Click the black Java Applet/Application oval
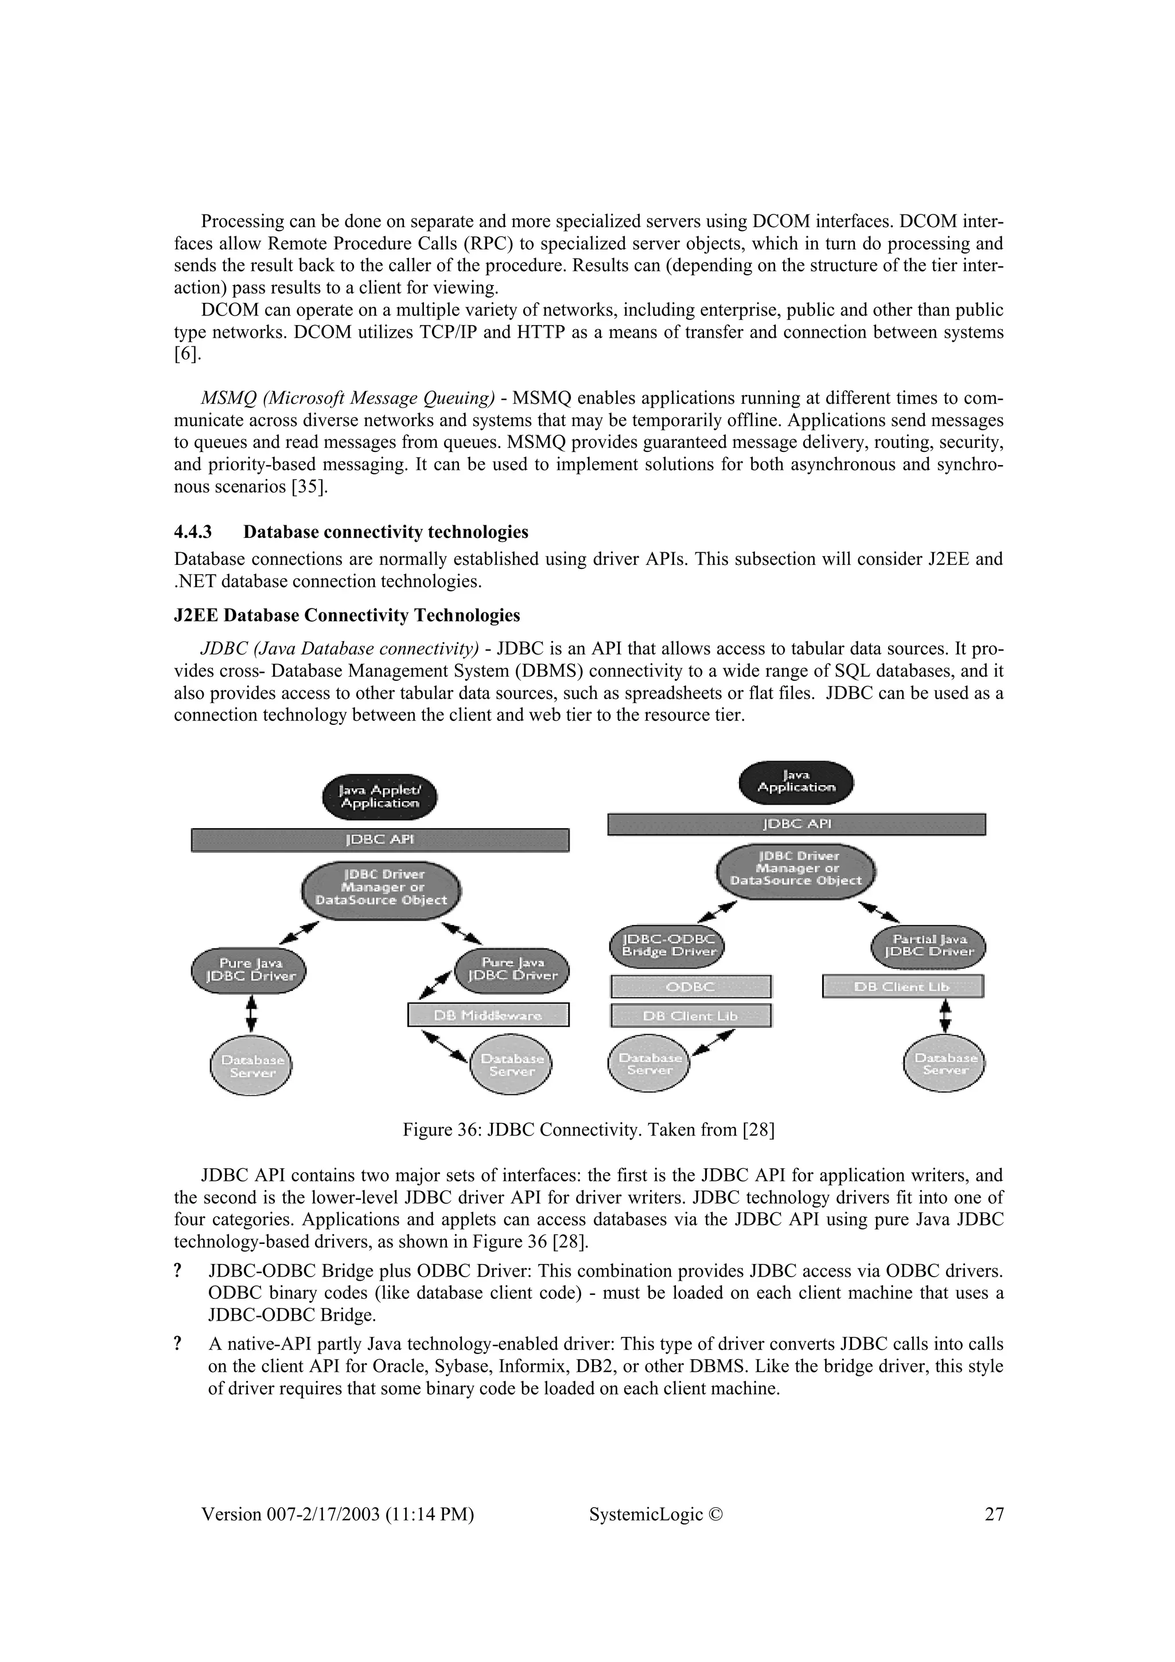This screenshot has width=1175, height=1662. (x=379, y=798)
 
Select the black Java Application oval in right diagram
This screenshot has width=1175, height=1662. (x=796, y=782)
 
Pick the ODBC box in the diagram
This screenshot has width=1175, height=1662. (x=691, y=986)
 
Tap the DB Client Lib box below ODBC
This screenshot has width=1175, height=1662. (x=691, y=1016)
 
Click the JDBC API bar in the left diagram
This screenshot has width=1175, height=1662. (x=379, y=840)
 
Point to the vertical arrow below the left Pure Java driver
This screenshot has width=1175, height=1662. (x=251, y=1013)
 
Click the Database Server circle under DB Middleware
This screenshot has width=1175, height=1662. (x=511, y=1066)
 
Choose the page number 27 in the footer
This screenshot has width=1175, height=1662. (x=994, y=1513)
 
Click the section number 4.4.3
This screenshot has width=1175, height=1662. (x=193, y=532)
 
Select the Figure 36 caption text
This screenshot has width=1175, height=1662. (x=588, y=1130)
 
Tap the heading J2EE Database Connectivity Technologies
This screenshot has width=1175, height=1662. (x=347, y=615)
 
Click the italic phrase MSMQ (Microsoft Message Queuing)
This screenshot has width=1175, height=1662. (x=348, y=398)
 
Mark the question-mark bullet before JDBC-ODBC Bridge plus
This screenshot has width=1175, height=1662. (x=177, y=1271)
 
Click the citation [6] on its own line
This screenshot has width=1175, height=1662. (x=188, y=354)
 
